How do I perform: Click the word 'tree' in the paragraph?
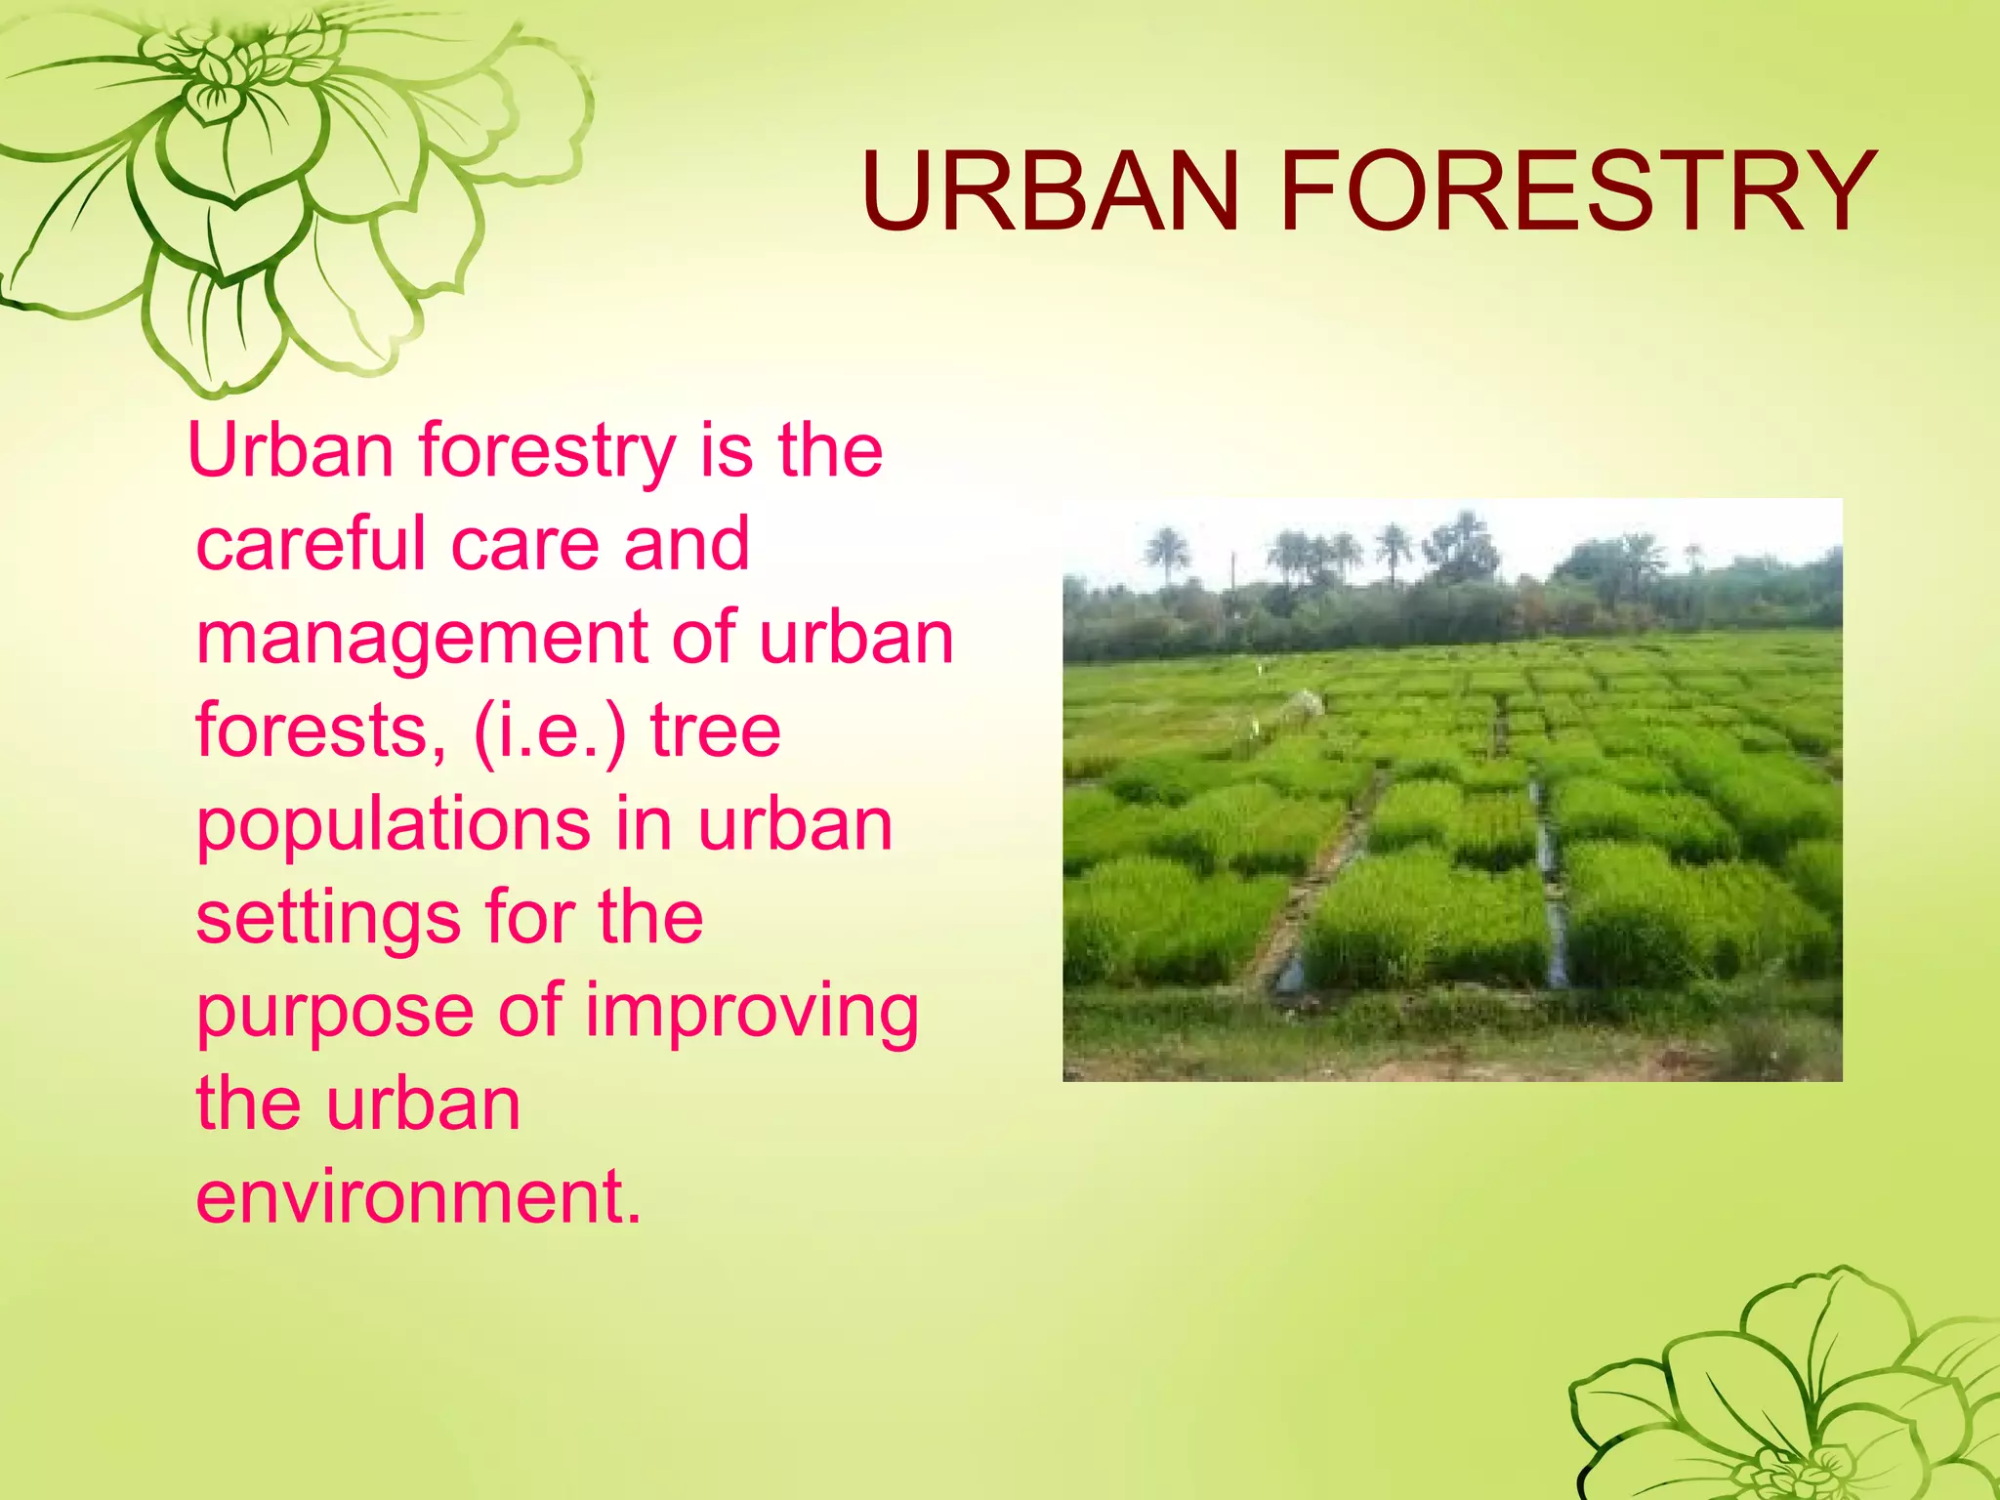(x=715, y=730)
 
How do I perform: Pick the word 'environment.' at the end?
(x=418, y=1196)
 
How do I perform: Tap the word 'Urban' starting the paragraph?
(x=290, y=451)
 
